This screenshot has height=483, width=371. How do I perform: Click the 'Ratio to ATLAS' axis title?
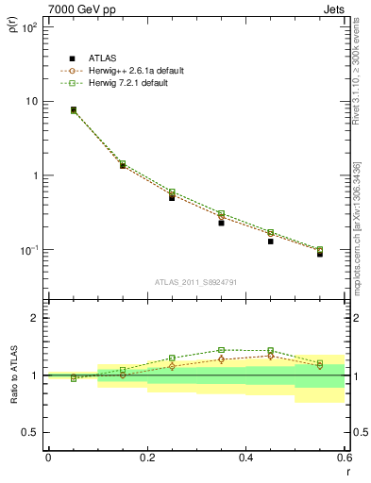point(13,401)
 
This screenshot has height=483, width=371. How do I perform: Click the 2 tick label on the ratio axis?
point(36,318)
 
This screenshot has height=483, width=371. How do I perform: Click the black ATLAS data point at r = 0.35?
point(221,223)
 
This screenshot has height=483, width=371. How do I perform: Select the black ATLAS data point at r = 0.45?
point(270,241)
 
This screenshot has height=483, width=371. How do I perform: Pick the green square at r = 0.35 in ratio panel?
point(221,350)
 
